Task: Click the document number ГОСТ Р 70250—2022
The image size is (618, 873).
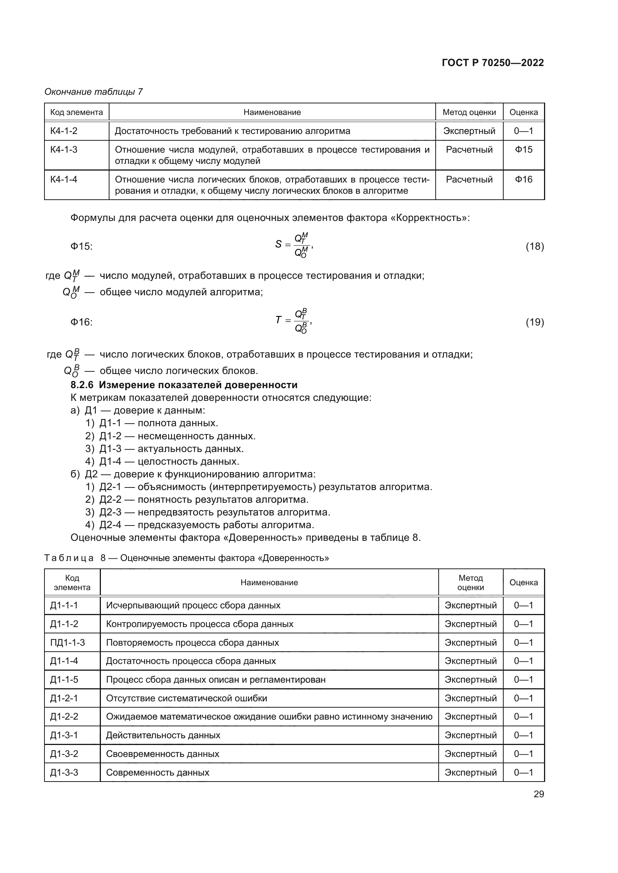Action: coord(492,63)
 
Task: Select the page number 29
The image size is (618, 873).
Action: coord(538,794)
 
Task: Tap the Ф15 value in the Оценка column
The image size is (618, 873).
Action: coord(523,149)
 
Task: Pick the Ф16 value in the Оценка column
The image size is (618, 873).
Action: coord(523,179)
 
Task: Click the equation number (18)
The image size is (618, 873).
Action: coord(535,246)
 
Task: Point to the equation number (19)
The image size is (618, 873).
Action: coord(535,322)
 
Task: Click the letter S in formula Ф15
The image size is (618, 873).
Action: coord(278,244)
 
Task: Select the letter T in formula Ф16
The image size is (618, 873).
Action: coord(278,320)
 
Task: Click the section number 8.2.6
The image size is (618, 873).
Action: coord(82,385)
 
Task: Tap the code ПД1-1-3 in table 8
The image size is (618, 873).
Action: coord(67,643)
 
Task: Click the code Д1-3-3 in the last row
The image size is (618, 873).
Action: coord(64,772)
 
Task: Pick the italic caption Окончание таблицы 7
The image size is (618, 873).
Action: coord(94,92)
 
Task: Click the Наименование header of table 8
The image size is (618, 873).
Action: coord(269,583)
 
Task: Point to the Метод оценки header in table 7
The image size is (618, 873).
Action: coord(469,112)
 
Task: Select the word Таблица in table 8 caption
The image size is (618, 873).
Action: coord(69,558)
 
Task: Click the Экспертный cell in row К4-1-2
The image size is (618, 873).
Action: coord(469,131)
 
